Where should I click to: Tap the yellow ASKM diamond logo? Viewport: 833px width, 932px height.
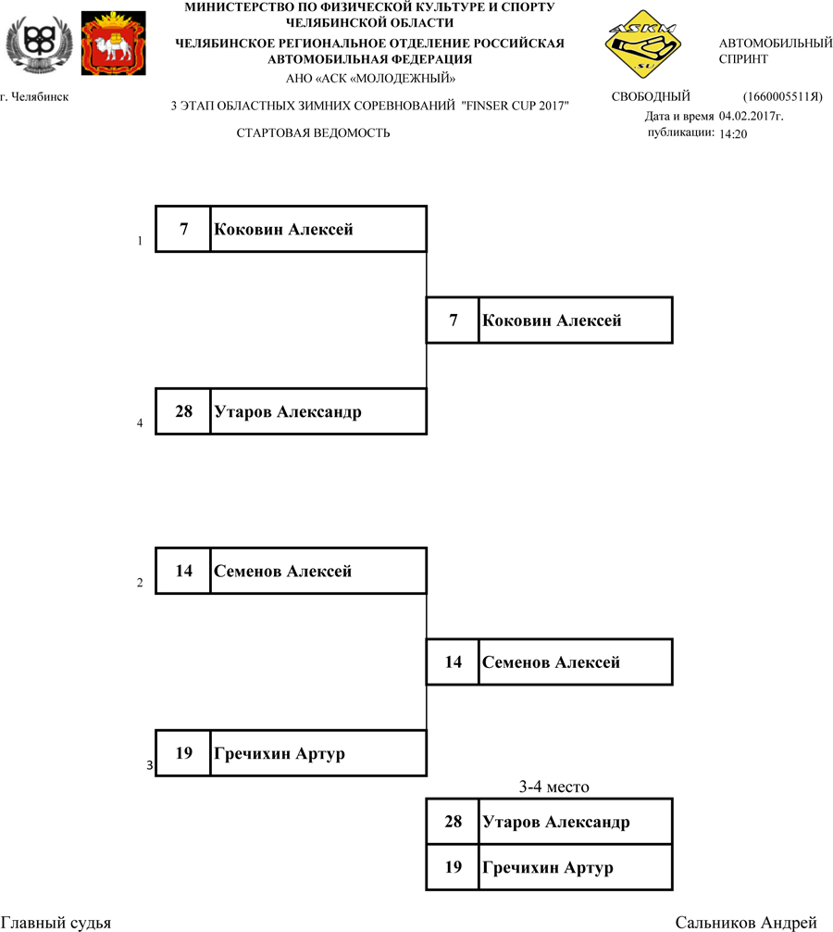tap(642, 44)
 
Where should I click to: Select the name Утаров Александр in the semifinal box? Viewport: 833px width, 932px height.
tap(287, 412)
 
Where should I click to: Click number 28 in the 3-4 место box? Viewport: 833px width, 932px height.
tap(453, 822)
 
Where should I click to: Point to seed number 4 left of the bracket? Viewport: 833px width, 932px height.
tap(140, 423)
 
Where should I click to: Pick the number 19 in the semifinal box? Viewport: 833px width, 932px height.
tap(183, 753)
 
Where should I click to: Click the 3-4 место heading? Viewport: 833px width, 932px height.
tap(553, 787)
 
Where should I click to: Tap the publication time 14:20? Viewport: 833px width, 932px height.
tap(733, 134)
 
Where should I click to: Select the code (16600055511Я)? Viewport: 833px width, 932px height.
tap(782, 97)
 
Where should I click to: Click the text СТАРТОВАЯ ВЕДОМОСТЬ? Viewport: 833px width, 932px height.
tap(313, 133)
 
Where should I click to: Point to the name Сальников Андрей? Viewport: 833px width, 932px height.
tap(746, 923)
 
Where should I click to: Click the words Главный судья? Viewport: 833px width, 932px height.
tap(56, 923)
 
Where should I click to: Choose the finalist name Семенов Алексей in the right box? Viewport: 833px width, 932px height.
tap(551, 662)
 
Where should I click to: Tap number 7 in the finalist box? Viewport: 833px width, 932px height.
tap(453, 321)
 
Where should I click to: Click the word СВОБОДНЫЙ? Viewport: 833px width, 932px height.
tap(651, 97)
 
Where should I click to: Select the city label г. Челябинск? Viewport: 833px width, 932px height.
tap(34, 97)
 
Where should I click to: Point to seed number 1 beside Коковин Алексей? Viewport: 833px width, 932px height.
tap(140, 241)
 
